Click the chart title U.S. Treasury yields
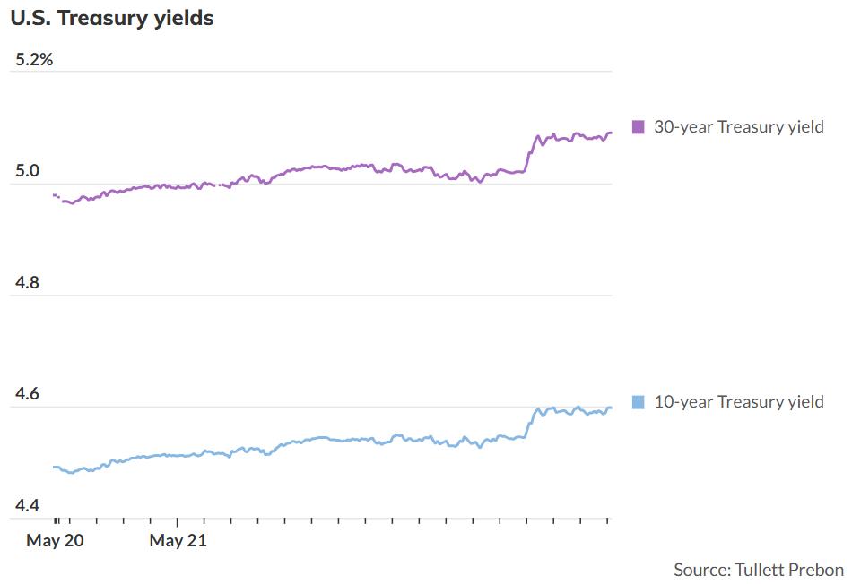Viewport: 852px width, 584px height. (x=112, y=18)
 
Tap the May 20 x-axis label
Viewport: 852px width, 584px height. (x=55, y=540)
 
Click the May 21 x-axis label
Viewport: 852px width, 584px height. (x=178, y=540)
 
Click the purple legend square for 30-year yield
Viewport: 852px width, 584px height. (x=639, y=127)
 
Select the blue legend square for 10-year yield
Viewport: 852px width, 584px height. (x=639, y=402)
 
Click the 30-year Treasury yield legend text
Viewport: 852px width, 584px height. (x=738, y=127)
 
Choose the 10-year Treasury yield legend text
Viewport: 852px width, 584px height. (x=738, y=402)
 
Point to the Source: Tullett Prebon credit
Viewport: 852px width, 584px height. (x=758, y=570)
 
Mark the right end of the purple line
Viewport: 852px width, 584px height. (x=611, y=133)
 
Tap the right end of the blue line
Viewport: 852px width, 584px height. (x=611, y=408)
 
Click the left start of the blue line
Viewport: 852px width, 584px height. (x=55, y=467)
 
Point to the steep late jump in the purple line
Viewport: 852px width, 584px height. (x=529, y=154)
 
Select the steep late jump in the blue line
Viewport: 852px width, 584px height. (x=529, y=423)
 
